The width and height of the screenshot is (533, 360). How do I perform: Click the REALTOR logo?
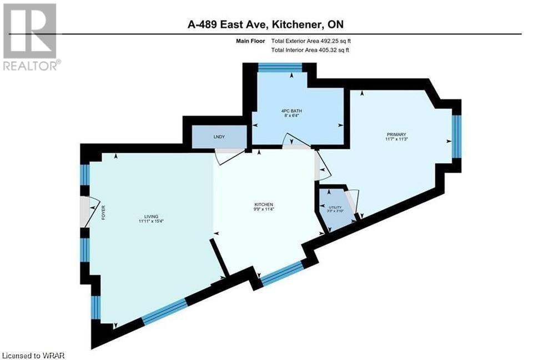(x=30, y=37)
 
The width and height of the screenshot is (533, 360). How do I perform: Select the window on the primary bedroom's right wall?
(x=456, y=137)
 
